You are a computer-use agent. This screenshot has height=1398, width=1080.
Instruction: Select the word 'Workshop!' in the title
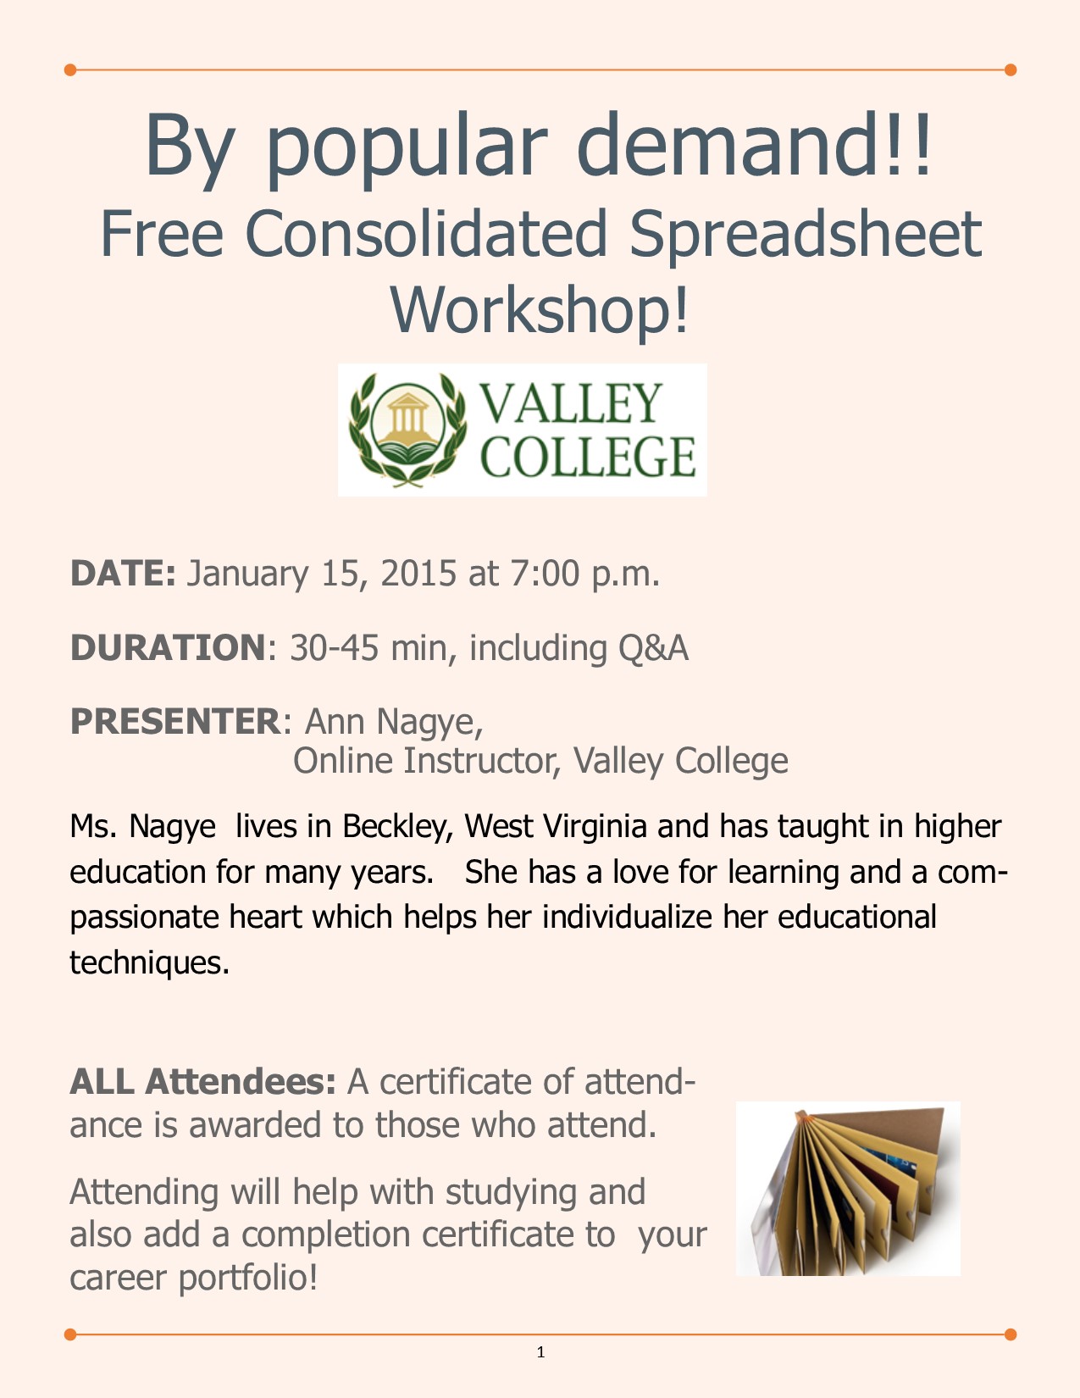pyautogui.click(x=540, y=308)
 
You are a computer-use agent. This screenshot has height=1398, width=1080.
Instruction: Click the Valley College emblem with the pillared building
pyautogui.click(x=408, y=430)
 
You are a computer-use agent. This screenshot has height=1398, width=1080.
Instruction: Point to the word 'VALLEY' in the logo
pyautogui.click(x=572, y=403)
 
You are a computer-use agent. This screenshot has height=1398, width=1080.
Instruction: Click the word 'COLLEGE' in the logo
pyautogui.click(x=589, y=458)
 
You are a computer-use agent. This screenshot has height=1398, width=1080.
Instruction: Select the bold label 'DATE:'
pyautogui.click(x=123, y=574)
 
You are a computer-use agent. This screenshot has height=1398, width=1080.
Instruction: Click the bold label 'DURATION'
pyautogui.click(x=168, y=647)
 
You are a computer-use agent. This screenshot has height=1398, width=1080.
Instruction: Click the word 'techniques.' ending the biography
pyautogui.click(x=150, y=963)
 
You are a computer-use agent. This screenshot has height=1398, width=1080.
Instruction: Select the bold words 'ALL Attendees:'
pyautogui.click(x=203, y=1082)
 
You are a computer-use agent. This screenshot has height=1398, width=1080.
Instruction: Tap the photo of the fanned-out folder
pyautogui.click(x=848, y=1188)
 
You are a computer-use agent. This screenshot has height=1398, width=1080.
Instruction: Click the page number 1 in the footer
pyautogui.click(x=540, y=1352)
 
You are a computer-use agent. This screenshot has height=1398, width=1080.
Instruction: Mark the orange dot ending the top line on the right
pyautogui.click(x=1010, y=69)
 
